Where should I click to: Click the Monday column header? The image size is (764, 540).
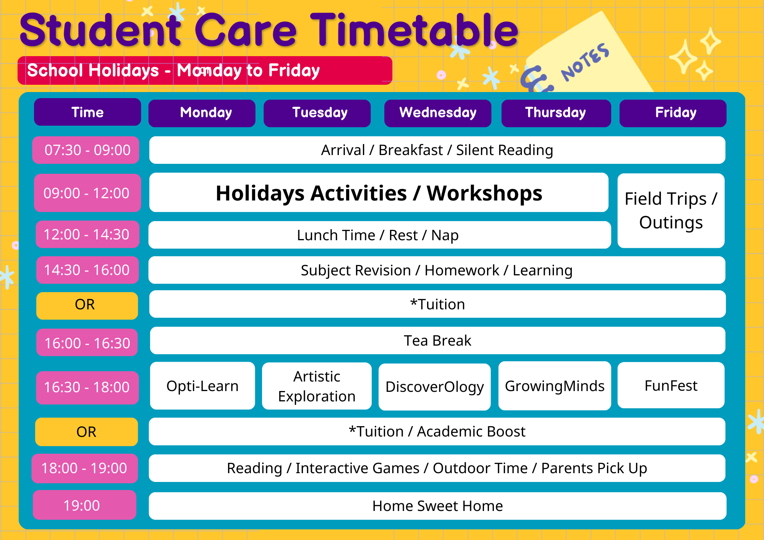coord(202,113)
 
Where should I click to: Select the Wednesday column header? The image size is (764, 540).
coord(438,113)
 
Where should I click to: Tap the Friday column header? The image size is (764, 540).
coord(673,113)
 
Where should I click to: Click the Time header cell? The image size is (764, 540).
coord(87,112)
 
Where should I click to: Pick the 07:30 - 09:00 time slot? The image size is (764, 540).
coord(86,150)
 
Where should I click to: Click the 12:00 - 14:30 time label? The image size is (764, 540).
coord(87,234)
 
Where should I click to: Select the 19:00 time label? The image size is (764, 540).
coord(84,505)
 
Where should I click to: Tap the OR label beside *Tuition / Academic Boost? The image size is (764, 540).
coord(87,432)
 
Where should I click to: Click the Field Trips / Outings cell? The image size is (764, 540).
coord(671,211)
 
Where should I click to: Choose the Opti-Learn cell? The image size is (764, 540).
coord(202,386)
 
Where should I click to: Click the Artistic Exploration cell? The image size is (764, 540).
coord(317,386)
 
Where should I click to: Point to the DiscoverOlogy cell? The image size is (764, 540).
coord(435,387)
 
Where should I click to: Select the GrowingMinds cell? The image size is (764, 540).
coord(555,386)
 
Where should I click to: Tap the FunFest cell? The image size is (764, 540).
coord(671,385)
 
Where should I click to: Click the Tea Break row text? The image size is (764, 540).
coord(438,341)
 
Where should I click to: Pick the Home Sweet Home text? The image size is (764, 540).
coord(438,506)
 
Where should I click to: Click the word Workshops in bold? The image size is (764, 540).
coord(484,193)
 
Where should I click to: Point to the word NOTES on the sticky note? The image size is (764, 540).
coord(584,62)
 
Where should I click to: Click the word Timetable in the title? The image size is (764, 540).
coord(414,30)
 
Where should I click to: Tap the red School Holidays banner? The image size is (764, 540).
coord(205,71)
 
